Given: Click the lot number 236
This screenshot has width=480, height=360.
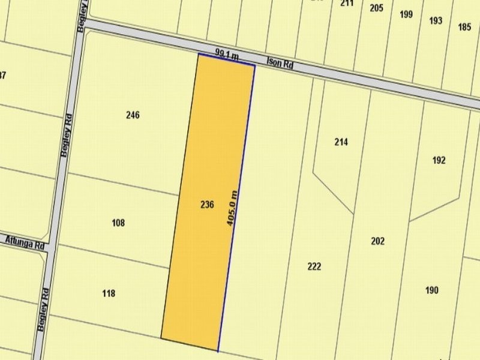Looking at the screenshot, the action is [207, 205].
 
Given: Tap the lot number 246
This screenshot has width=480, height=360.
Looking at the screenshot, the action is [133, 115].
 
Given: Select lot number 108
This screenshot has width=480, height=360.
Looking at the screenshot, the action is [118, 223].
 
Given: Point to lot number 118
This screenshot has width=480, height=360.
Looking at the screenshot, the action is [109, 293].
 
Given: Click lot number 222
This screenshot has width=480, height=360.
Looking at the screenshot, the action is [314, 266].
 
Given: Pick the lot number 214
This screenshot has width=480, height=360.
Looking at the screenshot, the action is [341, 142].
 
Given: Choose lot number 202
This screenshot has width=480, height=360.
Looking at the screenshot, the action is [378, 241].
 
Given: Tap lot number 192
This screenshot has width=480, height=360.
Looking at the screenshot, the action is [439, 160].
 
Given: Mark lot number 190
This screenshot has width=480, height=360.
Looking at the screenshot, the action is [431, 290].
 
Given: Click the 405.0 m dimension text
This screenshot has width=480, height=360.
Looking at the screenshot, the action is [232, 208].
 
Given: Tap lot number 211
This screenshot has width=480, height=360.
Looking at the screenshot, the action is [346, 3].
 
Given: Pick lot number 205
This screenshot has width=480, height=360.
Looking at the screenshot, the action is [376, 8].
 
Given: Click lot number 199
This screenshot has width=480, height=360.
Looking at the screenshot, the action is [406, 14].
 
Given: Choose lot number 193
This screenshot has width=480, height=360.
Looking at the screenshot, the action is [436, 20].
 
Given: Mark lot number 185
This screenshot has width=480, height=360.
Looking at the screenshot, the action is [464, 26].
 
